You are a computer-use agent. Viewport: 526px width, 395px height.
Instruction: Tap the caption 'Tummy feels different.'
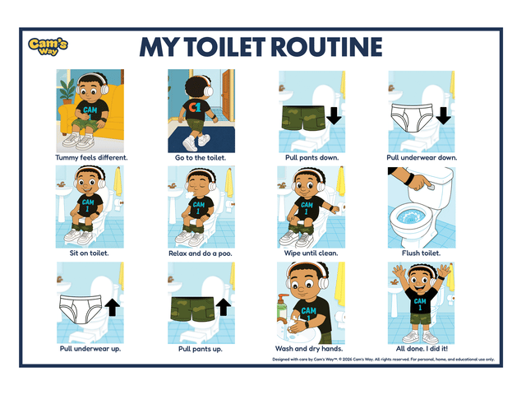point(91,157)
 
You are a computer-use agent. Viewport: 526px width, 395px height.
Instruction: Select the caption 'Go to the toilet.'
point(201,157)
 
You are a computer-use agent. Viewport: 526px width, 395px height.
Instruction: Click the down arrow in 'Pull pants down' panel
point(334,114)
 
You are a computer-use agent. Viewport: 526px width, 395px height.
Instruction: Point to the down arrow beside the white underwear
point(444,114)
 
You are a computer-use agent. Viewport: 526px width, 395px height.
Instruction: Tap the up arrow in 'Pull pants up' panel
point(222,308)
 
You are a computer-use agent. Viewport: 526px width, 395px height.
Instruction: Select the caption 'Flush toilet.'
point(421,253)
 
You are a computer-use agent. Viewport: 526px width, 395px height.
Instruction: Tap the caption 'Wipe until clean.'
point(311,253)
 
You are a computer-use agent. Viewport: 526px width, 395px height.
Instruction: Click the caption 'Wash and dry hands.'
point(311,349)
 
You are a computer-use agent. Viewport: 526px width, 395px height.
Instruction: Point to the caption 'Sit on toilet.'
point(90,253)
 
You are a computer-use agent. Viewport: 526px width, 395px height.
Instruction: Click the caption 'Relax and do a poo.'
point(201,253)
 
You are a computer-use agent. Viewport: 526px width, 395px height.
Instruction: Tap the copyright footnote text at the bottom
point(383,360)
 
